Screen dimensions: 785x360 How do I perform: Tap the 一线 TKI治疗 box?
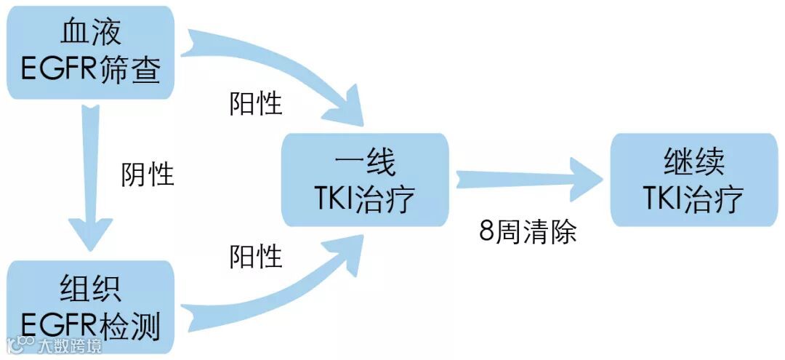coord(366,180)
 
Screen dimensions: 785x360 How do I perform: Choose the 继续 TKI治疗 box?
coord(694,180)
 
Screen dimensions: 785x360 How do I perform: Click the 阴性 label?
coord(148,175)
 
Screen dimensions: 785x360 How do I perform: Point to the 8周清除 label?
coord(528,233)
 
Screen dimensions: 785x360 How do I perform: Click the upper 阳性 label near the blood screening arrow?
coord(256,103)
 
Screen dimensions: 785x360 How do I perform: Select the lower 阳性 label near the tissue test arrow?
coord(256,256)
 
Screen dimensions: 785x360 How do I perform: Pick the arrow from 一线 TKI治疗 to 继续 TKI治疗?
coord(527,178)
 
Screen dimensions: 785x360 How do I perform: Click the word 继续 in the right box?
coord(694,161)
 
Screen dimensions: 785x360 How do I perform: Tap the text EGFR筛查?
coord(91,71)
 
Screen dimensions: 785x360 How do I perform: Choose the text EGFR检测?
coord(91,328)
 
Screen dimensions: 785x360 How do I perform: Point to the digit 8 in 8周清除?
coord(486,233)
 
